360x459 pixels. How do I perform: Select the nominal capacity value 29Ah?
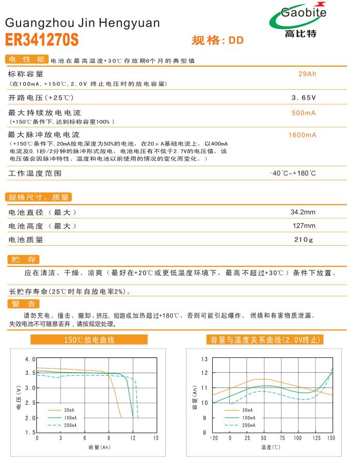pyautogui.click(x=307, y=74)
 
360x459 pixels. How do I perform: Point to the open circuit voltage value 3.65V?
pyautogui.click(x=304, y=97)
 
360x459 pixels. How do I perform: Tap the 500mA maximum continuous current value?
pyautogui.click(x=304, y=113)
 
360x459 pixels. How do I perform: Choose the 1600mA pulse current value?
pyautogui.click(x=303, y=135)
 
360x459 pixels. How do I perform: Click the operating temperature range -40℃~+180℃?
pyautogui.click(x=293, y=173)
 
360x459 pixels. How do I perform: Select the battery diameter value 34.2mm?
pyautogui.click(x=303, y=212)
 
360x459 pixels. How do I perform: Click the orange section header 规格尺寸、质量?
pyautogui.click(x=39, y=197)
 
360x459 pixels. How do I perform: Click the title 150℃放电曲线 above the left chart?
pyautogui.click(x=89, y=340)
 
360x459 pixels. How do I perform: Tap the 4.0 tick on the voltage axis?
pyautogui.click(x=30, y=359)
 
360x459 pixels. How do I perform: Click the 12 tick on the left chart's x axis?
pyautogui.click(x=132, y=438)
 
